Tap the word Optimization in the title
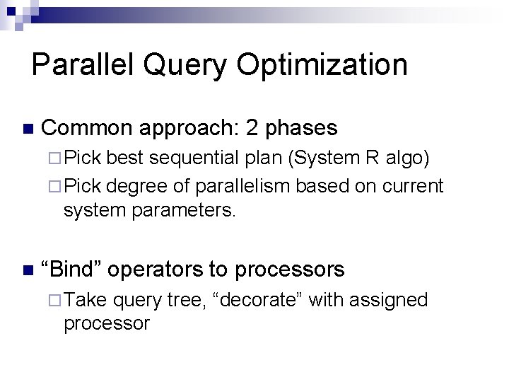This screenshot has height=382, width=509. (322, 65)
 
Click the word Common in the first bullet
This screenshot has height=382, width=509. (88, 128)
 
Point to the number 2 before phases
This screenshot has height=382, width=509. (253, 128)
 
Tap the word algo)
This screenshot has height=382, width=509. (408, 158)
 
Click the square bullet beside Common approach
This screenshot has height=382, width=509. (28, 129)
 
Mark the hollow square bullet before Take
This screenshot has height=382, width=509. (55, 300)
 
